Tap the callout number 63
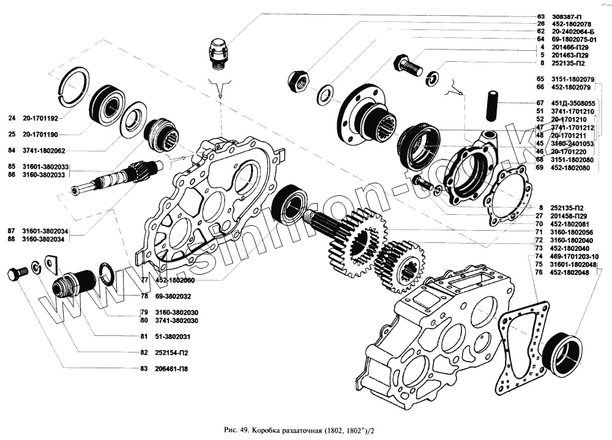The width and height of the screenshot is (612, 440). pos(540,17)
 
